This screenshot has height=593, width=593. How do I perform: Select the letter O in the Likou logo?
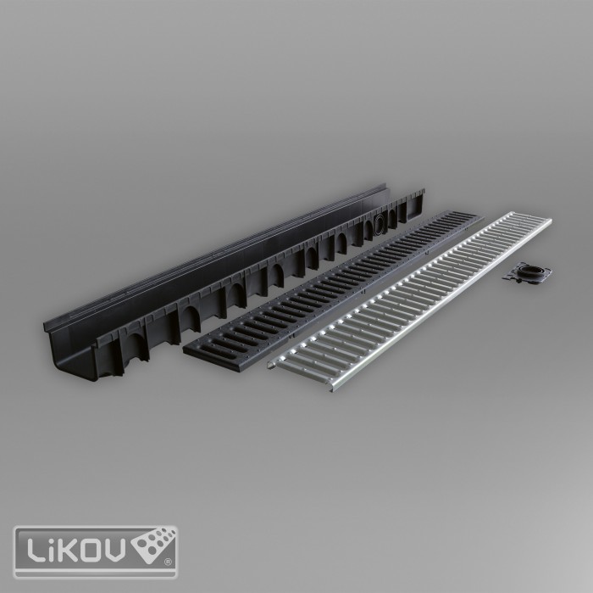click(91, 550)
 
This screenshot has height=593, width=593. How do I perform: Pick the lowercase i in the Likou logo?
click(52, 550)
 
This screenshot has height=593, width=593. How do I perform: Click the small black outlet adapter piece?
click(526, 271)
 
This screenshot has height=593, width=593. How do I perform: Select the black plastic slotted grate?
click(333, 292)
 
